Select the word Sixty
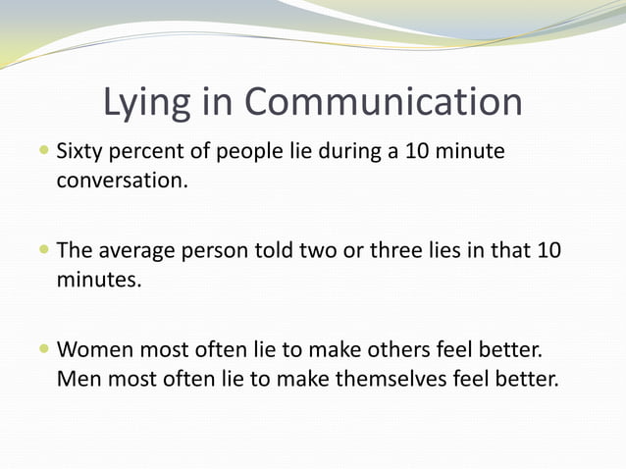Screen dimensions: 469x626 [x=80, y=154]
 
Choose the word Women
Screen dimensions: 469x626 [x=94, y=349]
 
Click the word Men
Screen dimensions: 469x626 [x=75, y=378]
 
